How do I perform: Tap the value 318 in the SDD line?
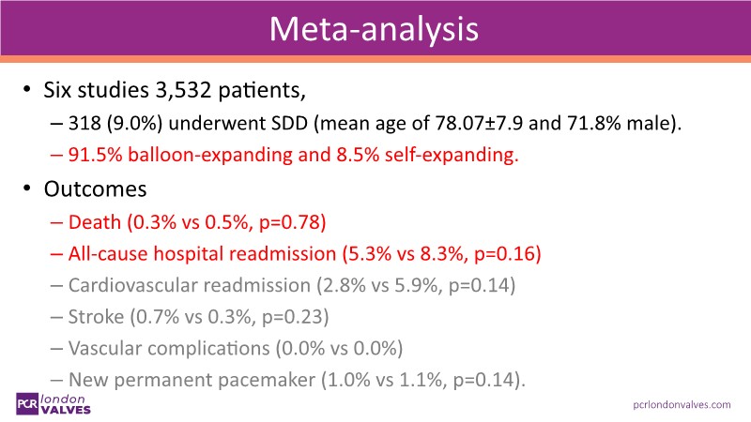coord(84,125)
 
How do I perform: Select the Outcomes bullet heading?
coord(95,188)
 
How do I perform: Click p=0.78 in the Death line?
coord(299,222)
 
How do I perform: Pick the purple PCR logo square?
coord(29,402)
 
